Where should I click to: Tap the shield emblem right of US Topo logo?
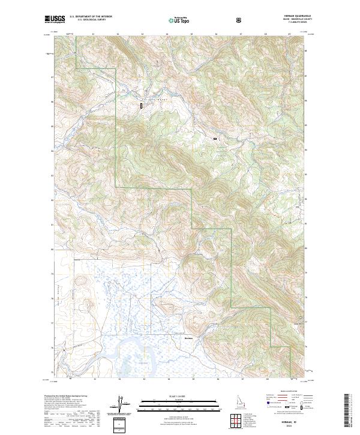pos(240,20)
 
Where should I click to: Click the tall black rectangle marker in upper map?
pos(142,106)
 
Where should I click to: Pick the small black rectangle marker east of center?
pos(214,139)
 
